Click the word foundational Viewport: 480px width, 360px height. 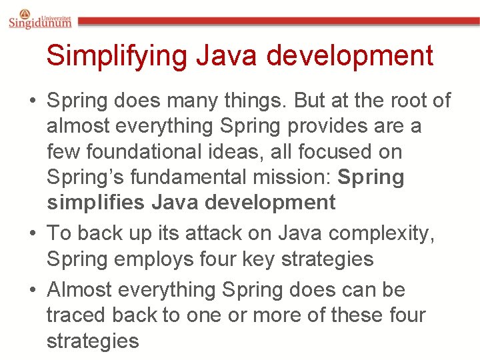pos(149,151)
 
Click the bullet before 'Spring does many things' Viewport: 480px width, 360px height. pos(32,101)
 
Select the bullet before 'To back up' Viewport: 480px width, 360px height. pos(32,233)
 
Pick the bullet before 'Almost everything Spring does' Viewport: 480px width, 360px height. pos(32,291)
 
